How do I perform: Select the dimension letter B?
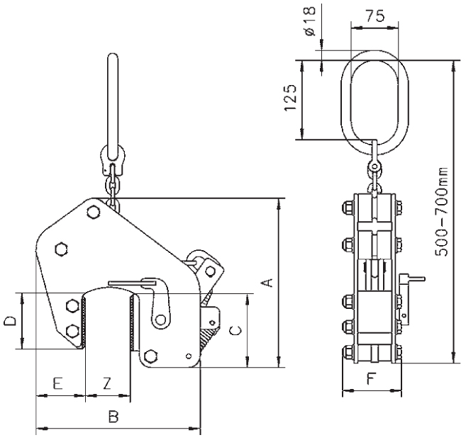pos(113,417)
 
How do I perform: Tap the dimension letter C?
pos(235,330)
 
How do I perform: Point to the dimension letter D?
pos(10,321)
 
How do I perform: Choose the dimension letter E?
pos(57,383)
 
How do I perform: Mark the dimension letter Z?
pos(106,383)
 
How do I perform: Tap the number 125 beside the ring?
pos(290,98)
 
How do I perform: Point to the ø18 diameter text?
pos(310,20)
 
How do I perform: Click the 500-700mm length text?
pos(441,212)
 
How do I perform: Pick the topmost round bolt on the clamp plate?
pos(94,212)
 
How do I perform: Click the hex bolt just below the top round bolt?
pos(62,249)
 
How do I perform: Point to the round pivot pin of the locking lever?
pos(160,320)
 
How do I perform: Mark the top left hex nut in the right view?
pos(348,207)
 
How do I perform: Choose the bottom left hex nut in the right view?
pos(348,352)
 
